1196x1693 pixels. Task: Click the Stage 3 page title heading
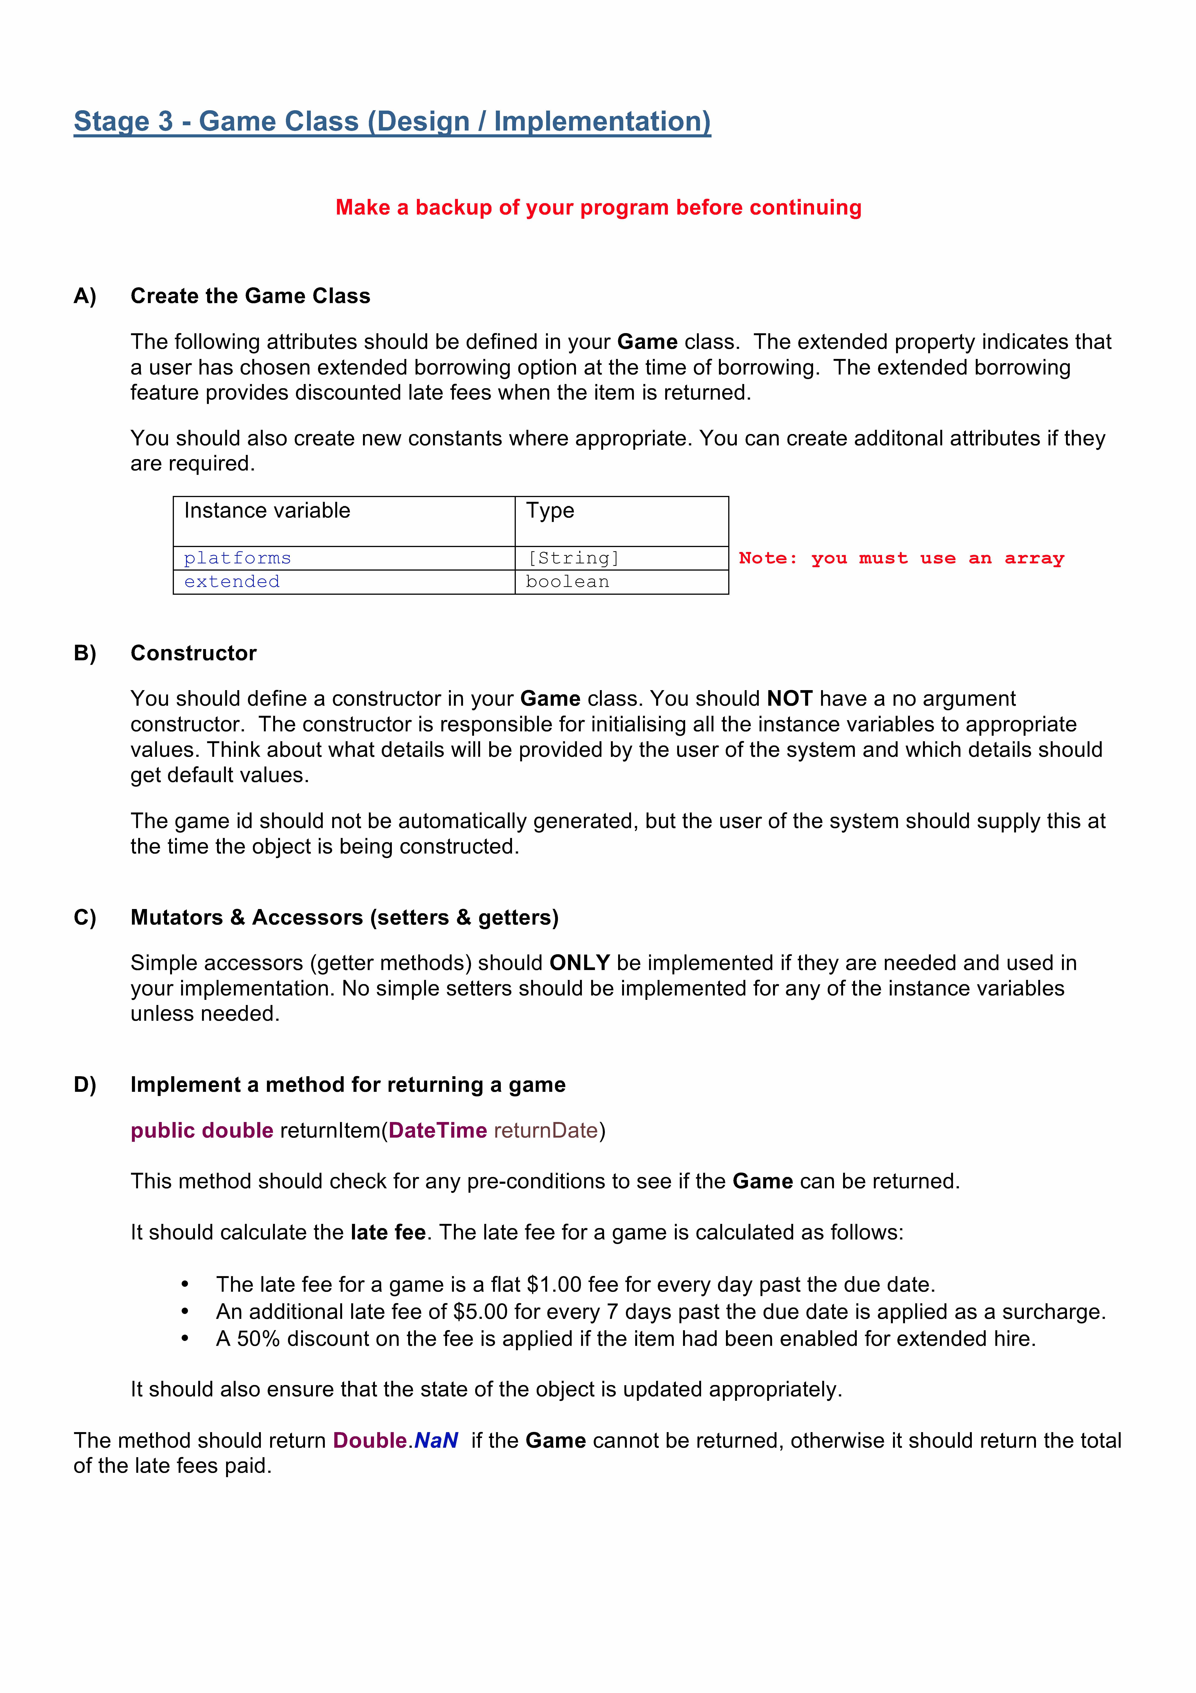[x=392, y=122]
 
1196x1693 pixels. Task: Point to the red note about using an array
[x=901, y=558]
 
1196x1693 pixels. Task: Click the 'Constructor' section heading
[x=193, y=653]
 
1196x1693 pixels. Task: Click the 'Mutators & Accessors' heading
[x=344, y=917]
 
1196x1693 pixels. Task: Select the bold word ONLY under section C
[x=579, y=963]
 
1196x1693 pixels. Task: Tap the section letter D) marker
[x=85, y=1085]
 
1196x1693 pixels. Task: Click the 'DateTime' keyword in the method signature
[x=438, y=1130]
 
